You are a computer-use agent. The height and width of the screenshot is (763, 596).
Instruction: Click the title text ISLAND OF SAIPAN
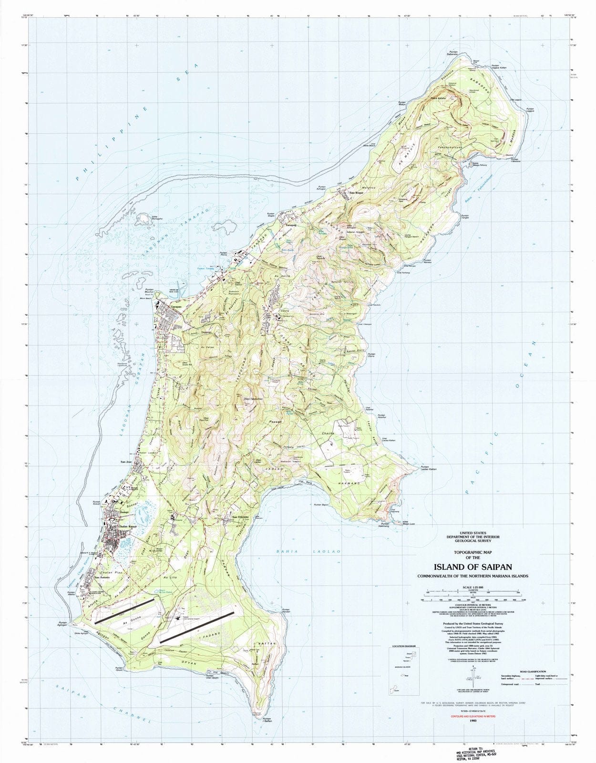point(473,567)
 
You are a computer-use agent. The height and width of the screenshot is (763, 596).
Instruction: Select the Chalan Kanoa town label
point(118,526)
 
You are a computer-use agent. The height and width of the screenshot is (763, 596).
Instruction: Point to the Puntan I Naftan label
point(267,721)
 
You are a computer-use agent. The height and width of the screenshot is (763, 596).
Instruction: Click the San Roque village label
point(357,193)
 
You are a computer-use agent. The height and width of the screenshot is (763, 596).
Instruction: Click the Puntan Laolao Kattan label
point(428,468)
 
